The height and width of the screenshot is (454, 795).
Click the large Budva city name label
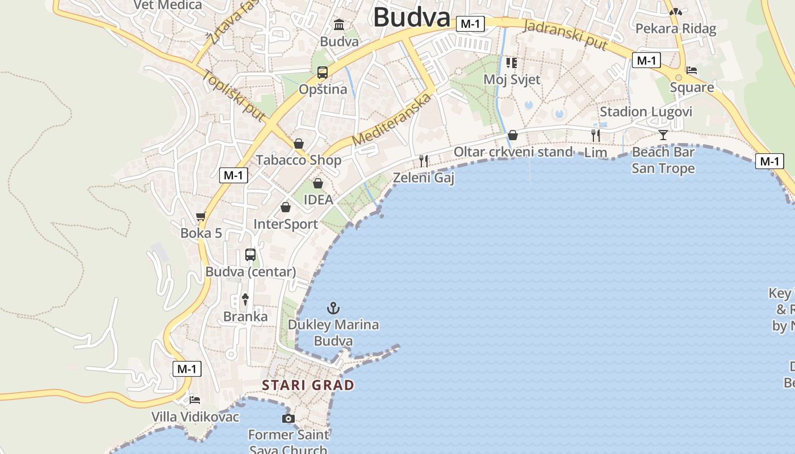click(412, 17)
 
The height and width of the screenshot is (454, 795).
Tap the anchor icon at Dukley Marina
click(333, 308)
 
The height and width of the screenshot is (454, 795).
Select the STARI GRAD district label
click(308, 385)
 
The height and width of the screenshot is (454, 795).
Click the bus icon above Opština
click(323, 73)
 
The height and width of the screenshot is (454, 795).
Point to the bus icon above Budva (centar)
click(250, 255)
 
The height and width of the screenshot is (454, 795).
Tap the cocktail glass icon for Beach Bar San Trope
click(663, 134)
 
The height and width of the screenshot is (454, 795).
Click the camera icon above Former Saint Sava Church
click(288, 419)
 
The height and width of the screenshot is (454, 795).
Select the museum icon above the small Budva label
click(340, 24)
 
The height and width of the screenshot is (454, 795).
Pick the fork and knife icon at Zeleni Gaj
click(424, 161)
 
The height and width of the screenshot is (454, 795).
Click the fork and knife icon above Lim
click(596, 135)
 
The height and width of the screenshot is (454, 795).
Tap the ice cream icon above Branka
click(245, 299)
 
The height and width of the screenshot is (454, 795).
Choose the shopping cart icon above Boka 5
click(200, 216)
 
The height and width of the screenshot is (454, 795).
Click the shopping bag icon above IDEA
click(318, 183)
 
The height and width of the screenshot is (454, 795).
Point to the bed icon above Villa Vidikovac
click(195, 400)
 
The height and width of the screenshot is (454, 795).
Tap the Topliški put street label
click(233, 95)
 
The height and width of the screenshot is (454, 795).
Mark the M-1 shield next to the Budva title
click(471, 24)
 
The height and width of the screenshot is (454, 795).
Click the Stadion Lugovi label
click(646, 111)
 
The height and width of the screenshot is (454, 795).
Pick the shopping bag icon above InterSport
click(286, 207)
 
